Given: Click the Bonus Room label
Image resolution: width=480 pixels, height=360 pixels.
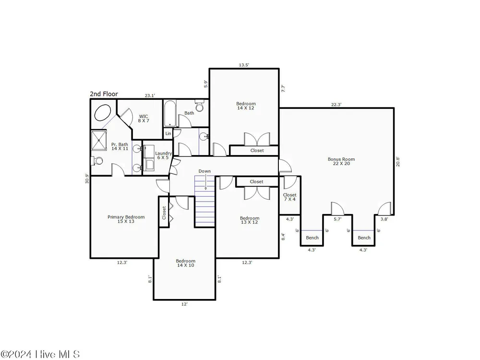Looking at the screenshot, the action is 341,161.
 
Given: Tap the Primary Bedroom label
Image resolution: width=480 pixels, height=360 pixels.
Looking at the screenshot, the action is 126,219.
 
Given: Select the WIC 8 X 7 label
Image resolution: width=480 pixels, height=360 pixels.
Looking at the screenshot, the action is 144,119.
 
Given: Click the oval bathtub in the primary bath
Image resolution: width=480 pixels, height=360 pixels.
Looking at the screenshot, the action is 102,113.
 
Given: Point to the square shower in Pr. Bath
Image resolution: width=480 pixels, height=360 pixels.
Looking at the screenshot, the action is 99,140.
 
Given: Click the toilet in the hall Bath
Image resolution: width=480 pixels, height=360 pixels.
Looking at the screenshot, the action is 200,106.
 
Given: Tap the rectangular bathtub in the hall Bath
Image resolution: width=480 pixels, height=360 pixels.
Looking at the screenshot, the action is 170,114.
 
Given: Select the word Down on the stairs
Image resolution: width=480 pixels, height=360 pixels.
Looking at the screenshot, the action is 204,171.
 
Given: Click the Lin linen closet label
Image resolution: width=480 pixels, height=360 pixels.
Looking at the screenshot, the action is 168,133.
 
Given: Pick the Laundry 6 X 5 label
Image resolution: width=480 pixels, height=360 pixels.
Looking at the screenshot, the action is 163,156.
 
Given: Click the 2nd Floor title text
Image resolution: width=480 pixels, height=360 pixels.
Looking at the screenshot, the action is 104,94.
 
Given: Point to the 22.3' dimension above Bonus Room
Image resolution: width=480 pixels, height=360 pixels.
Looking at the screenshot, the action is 336,105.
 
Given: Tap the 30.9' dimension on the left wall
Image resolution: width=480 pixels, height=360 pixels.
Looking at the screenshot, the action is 87,179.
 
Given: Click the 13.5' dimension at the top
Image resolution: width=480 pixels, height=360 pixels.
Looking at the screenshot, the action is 244,65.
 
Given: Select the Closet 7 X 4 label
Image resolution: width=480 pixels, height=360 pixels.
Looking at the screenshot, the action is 289,197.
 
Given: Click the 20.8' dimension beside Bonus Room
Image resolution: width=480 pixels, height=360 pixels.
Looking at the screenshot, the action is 398,162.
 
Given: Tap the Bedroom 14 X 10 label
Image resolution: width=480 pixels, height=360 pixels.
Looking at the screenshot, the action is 185,263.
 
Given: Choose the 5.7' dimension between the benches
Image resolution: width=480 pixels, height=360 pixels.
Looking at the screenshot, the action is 337,219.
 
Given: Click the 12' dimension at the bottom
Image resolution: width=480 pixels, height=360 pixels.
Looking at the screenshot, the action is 184,304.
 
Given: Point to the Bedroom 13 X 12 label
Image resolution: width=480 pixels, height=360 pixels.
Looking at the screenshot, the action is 250,220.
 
